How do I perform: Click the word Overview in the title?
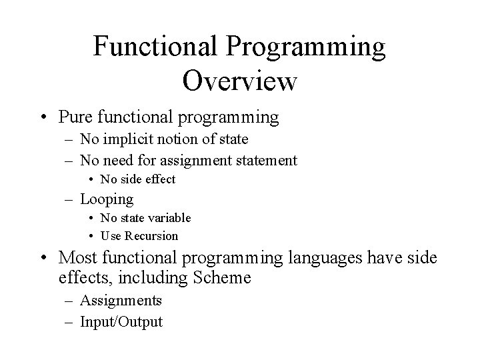coord(239,81)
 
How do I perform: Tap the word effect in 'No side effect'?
coord(160,179)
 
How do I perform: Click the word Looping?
coord(107,199)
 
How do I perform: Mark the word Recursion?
coord(151,236)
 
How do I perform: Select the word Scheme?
coord(222,277)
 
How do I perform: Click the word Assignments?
coord(121,301)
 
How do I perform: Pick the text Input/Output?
coord(121,321)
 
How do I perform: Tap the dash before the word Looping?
coord(70,199)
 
